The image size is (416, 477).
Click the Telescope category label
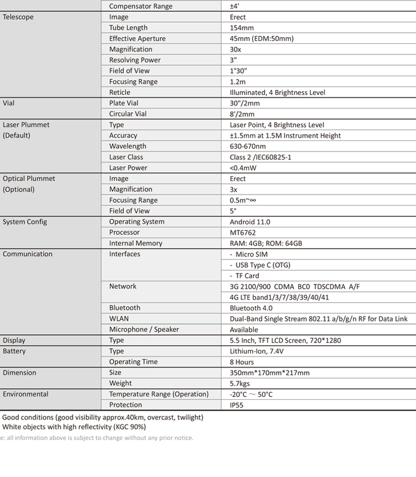click(x=18, y=17)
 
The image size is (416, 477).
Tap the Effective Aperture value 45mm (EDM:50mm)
click(x=261, y=39)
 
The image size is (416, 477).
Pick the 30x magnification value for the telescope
click(x=235, y=49)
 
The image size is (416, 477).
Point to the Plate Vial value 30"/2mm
click(x=245, y=103)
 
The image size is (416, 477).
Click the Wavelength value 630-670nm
click(x=248, y=147)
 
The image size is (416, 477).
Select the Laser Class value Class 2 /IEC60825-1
click(x=260, y=157)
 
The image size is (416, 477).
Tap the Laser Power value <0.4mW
click(x=243, y=168)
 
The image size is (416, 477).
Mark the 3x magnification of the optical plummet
click(x=234, y=189)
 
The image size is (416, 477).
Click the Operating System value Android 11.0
click(x=250, y=222)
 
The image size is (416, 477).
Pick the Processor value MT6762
click(x=243, y=233)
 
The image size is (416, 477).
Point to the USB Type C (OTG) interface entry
click(x=263, y=265)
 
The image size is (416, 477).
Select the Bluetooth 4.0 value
click(x=251, y=308)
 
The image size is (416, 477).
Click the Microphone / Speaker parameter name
click(x=144, y=329)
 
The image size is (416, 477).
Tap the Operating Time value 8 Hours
click(x=242, y=362)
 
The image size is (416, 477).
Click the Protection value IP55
click(x=236, y=405)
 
